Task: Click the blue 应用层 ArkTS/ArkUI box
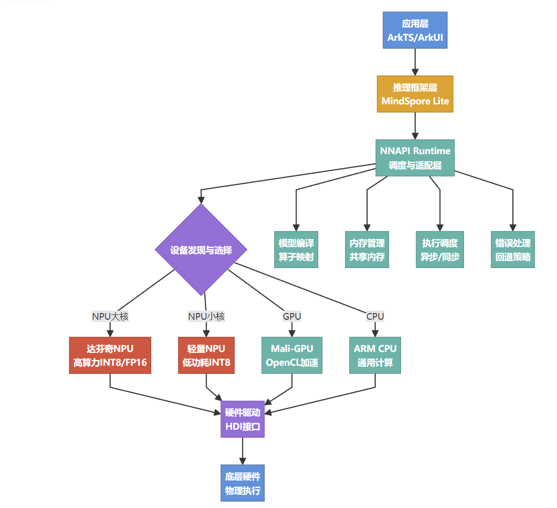click(x=415, y=30)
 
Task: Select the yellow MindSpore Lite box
click(x=415, y=94)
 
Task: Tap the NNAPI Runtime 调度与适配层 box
click(x=415, y=158)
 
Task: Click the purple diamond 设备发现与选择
click(x=201, y=249)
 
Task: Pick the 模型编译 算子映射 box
click(x=296, y=249)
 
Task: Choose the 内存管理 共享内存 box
click(x=367, y=249)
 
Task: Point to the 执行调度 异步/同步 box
click(x=440, y=249)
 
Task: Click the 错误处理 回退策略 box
click(x=512, y=249)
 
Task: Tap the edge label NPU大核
click(x=110, y=316)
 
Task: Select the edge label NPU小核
click(x=206, y=316)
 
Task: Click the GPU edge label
click(x=292, y=316)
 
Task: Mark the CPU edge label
click(x=375, y=316)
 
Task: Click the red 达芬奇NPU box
click(x=110, y=355)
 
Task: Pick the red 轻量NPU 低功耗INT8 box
click(x=206, y=355)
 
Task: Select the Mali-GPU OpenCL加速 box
click(x=292, y=355)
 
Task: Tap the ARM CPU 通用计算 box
click(x=375, y=355)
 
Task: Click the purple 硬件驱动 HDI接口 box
click(x=243, y=419)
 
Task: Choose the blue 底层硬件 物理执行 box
click(x=243, y=483)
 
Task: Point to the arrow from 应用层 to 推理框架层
click(x=415, y=62)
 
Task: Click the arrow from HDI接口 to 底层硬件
click(x=243, y=451)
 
